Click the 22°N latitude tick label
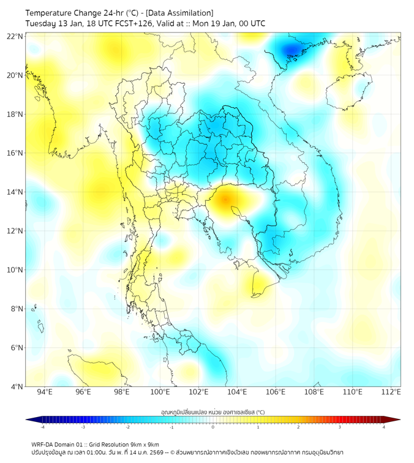(15, 36)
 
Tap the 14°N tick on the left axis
(15, 192)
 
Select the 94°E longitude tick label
(45, 392)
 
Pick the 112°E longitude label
(391, 392)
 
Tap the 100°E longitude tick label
(160, 392)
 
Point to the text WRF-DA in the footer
(42, 444)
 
